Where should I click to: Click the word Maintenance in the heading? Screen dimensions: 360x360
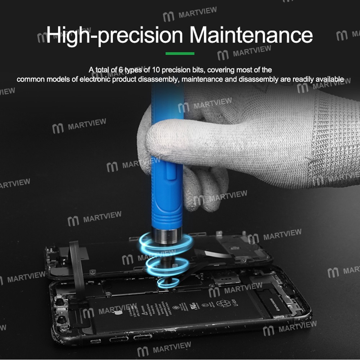(251, 35)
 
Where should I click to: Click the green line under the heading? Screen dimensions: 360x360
(180, 54)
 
